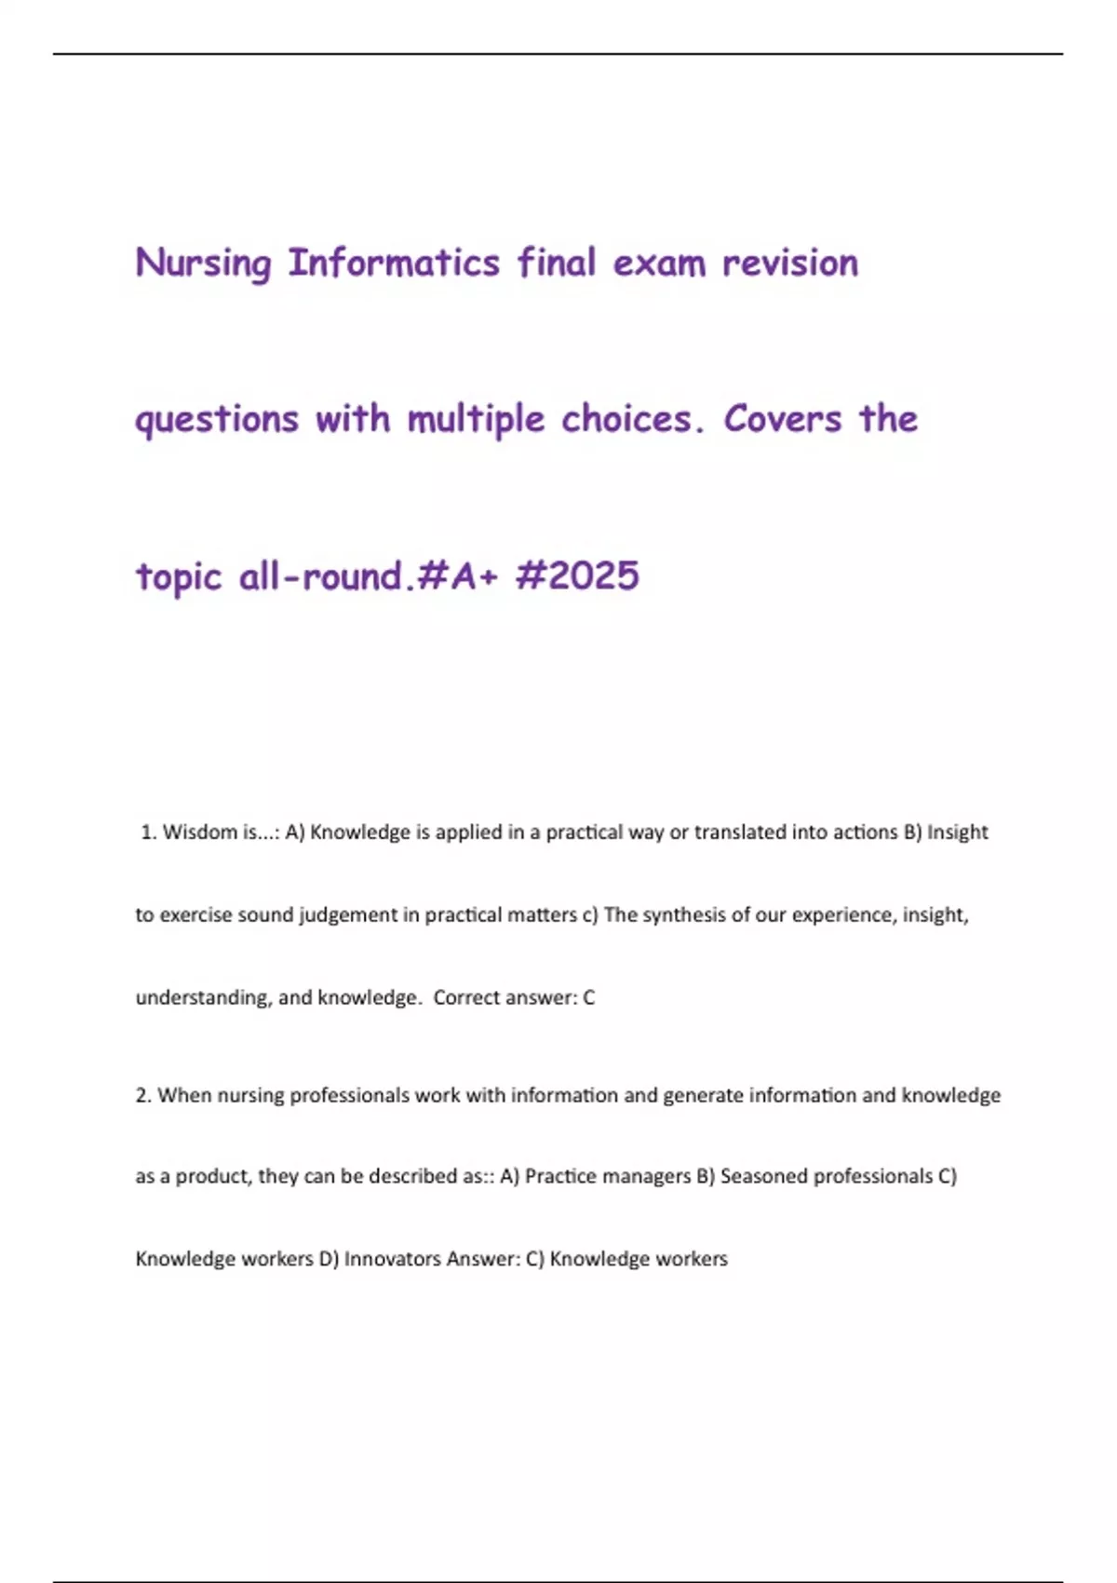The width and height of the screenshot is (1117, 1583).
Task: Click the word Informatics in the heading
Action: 394,264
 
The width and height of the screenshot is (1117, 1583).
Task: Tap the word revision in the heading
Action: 790,264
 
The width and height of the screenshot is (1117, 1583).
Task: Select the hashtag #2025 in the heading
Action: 577,575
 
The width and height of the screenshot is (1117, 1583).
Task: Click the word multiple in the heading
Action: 476,420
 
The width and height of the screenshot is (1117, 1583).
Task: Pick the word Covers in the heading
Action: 783,420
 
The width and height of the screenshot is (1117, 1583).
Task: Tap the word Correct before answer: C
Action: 466,998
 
